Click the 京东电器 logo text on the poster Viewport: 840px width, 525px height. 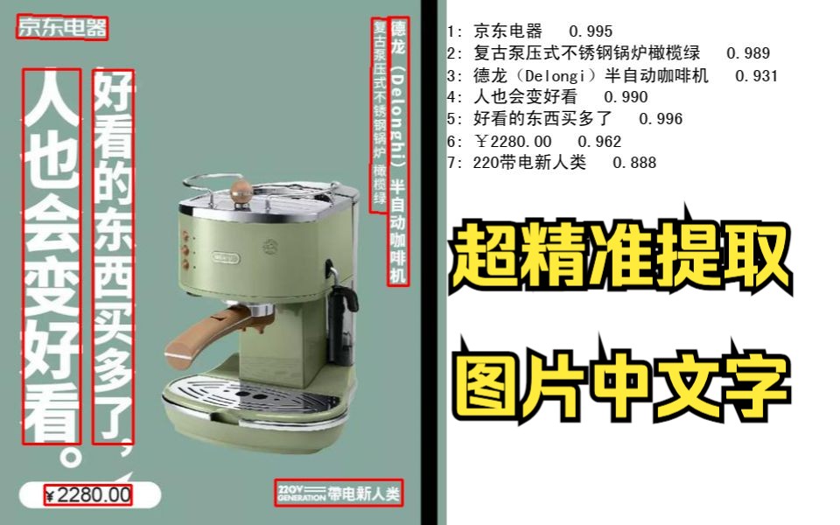click(62, 28)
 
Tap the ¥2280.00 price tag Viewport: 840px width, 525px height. click(88, 494)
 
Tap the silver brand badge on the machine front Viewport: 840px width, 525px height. click(226, 257)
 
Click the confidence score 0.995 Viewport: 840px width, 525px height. click(591, 31)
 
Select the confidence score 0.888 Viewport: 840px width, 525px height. click(634, 163)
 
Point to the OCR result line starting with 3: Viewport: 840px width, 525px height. click(612, 75)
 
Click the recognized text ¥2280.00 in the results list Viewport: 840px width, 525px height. click(514, 142)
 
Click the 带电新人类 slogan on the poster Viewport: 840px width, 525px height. click(364, 493)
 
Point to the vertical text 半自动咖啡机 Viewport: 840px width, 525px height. click(397, 231)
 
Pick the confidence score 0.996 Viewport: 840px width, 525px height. click(661, 119)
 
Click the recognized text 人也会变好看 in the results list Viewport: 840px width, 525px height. click(525, 97)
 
